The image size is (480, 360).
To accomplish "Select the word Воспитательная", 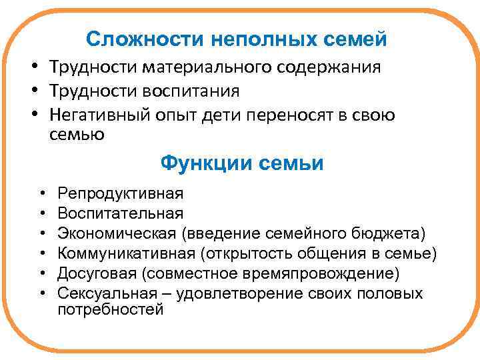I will (x=120, y=213).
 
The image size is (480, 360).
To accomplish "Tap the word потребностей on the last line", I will (x=111, y=309).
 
